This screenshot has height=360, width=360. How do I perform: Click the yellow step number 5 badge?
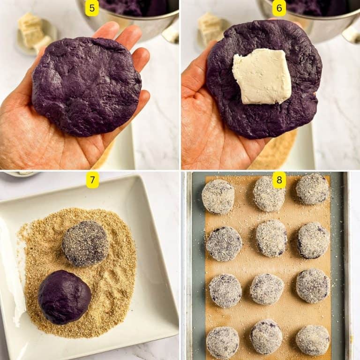pos(92,8)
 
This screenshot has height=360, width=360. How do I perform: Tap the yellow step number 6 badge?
pos(279,8)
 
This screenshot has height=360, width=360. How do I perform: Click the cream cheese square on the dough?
pos(262,76)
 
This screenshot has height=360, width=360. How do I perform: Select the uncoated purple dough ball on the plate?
pos(64,296)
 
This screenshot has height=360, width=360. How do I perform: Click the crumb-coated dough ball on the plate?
pos(85,243)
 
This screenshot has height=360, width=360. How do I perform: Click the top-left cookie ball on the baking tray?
pos(218,196)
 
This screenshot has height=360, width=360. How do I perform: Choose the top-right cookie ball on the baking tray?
pos(312,189)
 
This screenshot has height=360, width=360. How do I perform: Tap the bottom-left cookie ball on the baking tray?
pos(223,343)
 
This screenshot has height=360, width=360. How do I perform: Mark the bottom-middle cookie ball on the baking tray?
pos(266,337)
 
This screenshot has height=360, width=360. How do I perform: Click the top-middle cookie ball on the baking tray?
pos(269,194)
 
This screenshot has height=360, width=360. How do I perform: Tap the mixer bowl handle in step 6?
pos(352,33)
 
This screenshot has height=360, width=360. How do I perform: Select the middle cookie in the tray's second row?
pos(271,238)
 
